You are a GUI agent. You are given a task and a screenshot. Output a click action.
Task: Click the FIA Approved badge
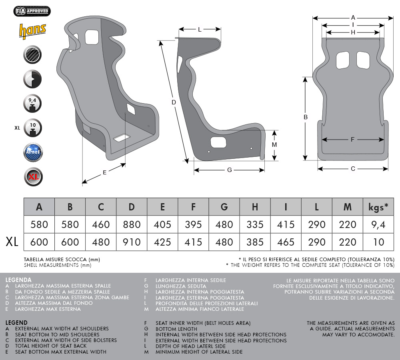pos(32,11)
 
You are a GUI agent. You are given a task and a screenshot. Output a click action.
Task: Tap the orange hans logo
pos(32,31)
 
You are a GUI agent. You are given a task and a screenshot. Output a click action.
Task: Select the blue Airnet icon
pos(33,152)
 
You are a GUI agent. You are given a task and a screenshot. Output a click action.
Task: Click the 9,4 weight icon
pos(32,104)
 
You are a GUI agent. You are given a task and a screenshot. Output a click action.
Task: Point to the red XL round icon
pos(33,177)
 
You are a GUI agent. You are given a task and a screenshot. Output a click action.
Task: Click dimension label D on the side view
pos(174,102)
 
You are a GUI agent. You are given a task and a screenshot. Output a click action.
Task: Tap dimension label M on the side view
pos(274,145)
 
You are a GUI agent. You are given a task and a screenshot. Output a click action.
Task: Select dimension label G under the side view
pos(229,170)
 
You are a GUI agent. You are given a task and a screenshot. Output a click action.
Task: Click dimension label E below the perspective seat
pos(104,172)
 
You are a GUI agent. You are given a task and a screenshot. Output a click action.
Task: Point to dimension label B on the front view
pos(306,117)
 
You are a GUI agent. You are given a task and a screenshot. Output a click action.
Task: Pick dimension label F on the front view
pos(352,139)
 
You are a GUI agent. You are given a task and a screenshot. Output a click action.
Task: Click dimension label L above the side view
pos(200,30)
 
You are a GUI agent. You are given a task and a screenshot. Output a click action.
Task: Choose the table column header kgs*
pos(378,207)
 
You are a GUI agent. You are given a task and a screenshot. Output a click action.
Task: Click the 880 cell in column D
pos(132,224)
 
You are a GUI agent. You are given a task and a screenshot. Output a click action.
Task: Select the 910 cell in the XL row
pos(132,242)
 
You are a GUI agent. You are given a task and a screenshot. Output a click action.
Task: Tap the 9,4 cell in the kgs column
pos(378,224)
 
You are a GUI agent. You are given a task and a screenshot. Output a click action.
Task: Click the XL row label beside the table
pos(12,242)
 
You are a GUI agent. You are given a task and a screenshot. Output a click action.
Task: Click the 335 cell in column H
pos(255,224)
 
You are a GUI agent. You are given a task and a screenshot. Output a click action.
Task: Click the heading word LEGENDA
pos(18,280)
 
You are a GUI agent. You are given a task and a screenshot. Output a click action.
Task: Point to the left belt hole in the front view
pos(343,60)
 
